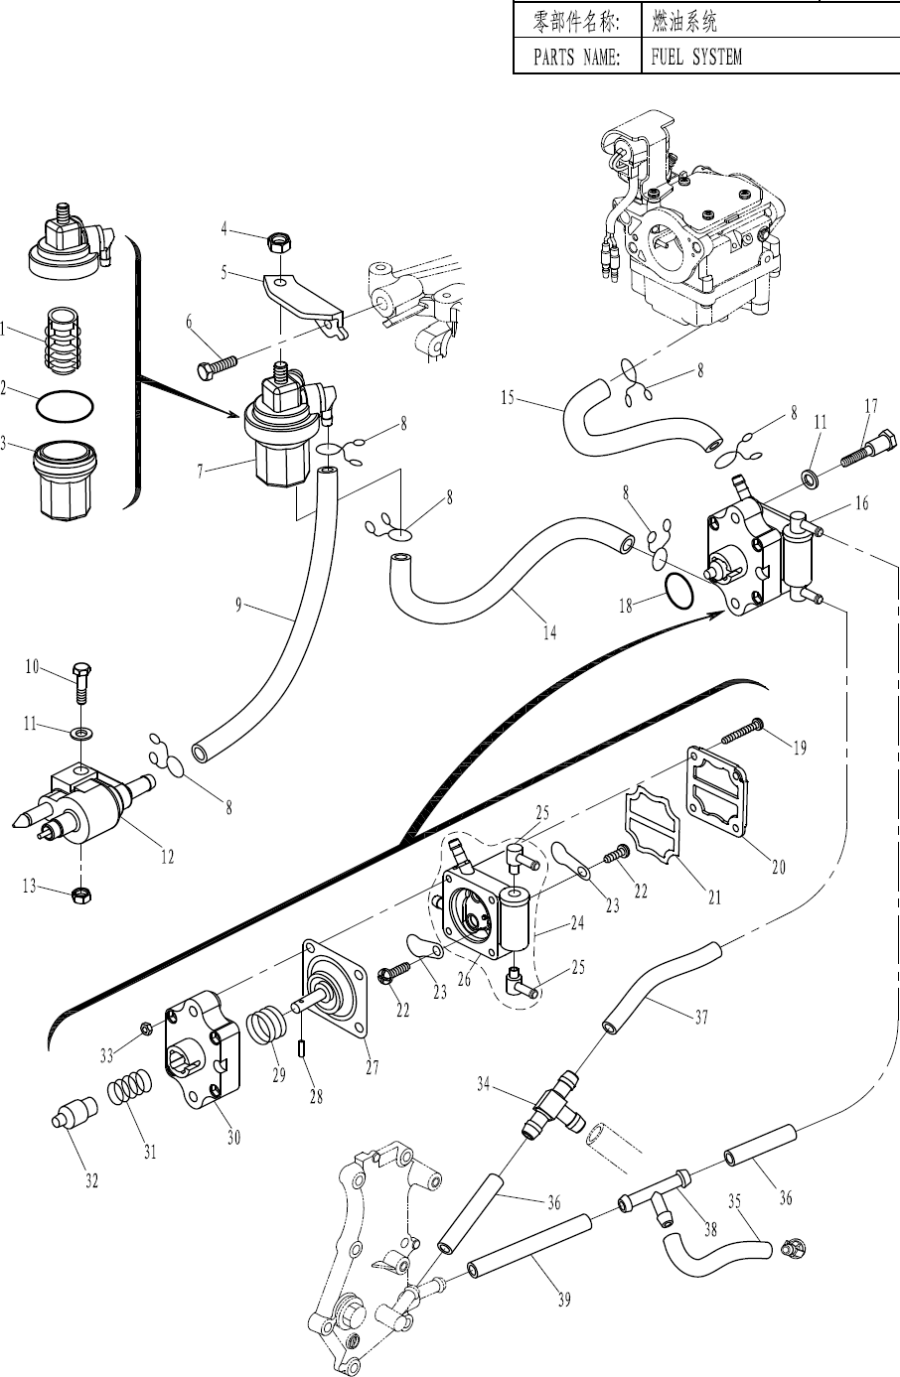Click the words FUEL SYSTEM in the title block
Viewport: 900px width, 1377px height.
695,57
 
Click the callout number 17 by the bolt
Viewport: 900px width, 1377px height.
871,406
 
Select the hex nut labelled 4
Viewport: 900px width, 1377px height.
280,241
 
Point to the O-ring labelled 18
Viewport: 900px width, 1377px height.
676,590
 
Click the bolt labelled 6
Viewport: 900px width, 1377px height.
222,363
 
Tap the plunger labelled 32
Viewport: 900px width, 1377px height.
71,1113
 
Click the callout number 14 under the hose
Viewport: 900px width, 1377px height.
549,633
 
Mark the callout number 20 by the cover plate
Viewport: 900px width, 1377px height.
779,867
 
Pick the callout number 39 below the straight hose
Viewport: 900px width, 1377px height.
563,1301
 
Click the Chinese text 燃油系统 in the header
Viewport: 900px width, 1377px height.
684,21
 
